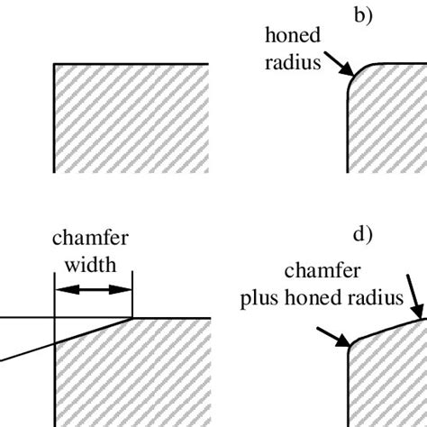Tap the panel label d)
(x=363, y=237)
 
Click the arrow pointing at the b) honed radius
(x=338, y=65)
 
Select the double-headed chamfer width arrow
(x=94, y=289)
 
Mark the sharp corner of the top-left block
(x=56, y=65)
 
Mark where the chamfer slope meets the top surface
(x=133, y=318)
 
